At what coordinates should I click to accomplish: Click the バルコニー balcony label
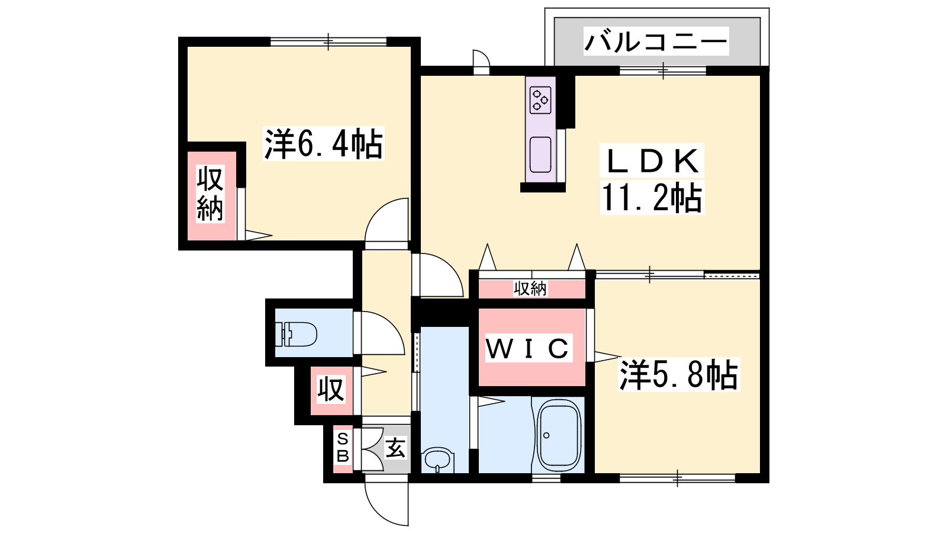[656, 41]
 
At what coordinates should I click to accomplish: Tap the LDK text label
[652, 161]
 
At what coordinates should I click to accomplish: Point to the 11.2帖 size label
[652, 198]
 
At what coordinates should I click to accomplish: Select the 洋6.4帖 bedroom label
[323, 144]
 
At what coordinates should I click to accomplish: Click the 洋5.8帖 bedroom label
[678, 375]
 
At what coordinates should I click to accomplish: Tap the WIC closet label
[529, 348]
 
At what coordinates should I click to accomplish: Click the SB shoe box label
[343, 448]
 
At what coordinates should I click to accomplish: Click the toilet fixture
[296, 334]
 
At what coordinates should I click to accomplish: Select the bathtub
[559, 435]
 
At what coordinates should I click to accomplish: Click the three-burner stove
[540, 100]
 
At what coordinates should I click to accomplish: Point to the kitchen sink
[540, 155]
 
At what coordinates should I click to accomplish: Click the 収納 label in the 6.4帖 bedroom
[210, 194]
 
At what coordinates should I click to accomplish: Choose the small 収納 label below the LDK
[530, 289]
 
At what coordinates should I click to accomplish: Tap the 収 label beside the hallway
[331, 390]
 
